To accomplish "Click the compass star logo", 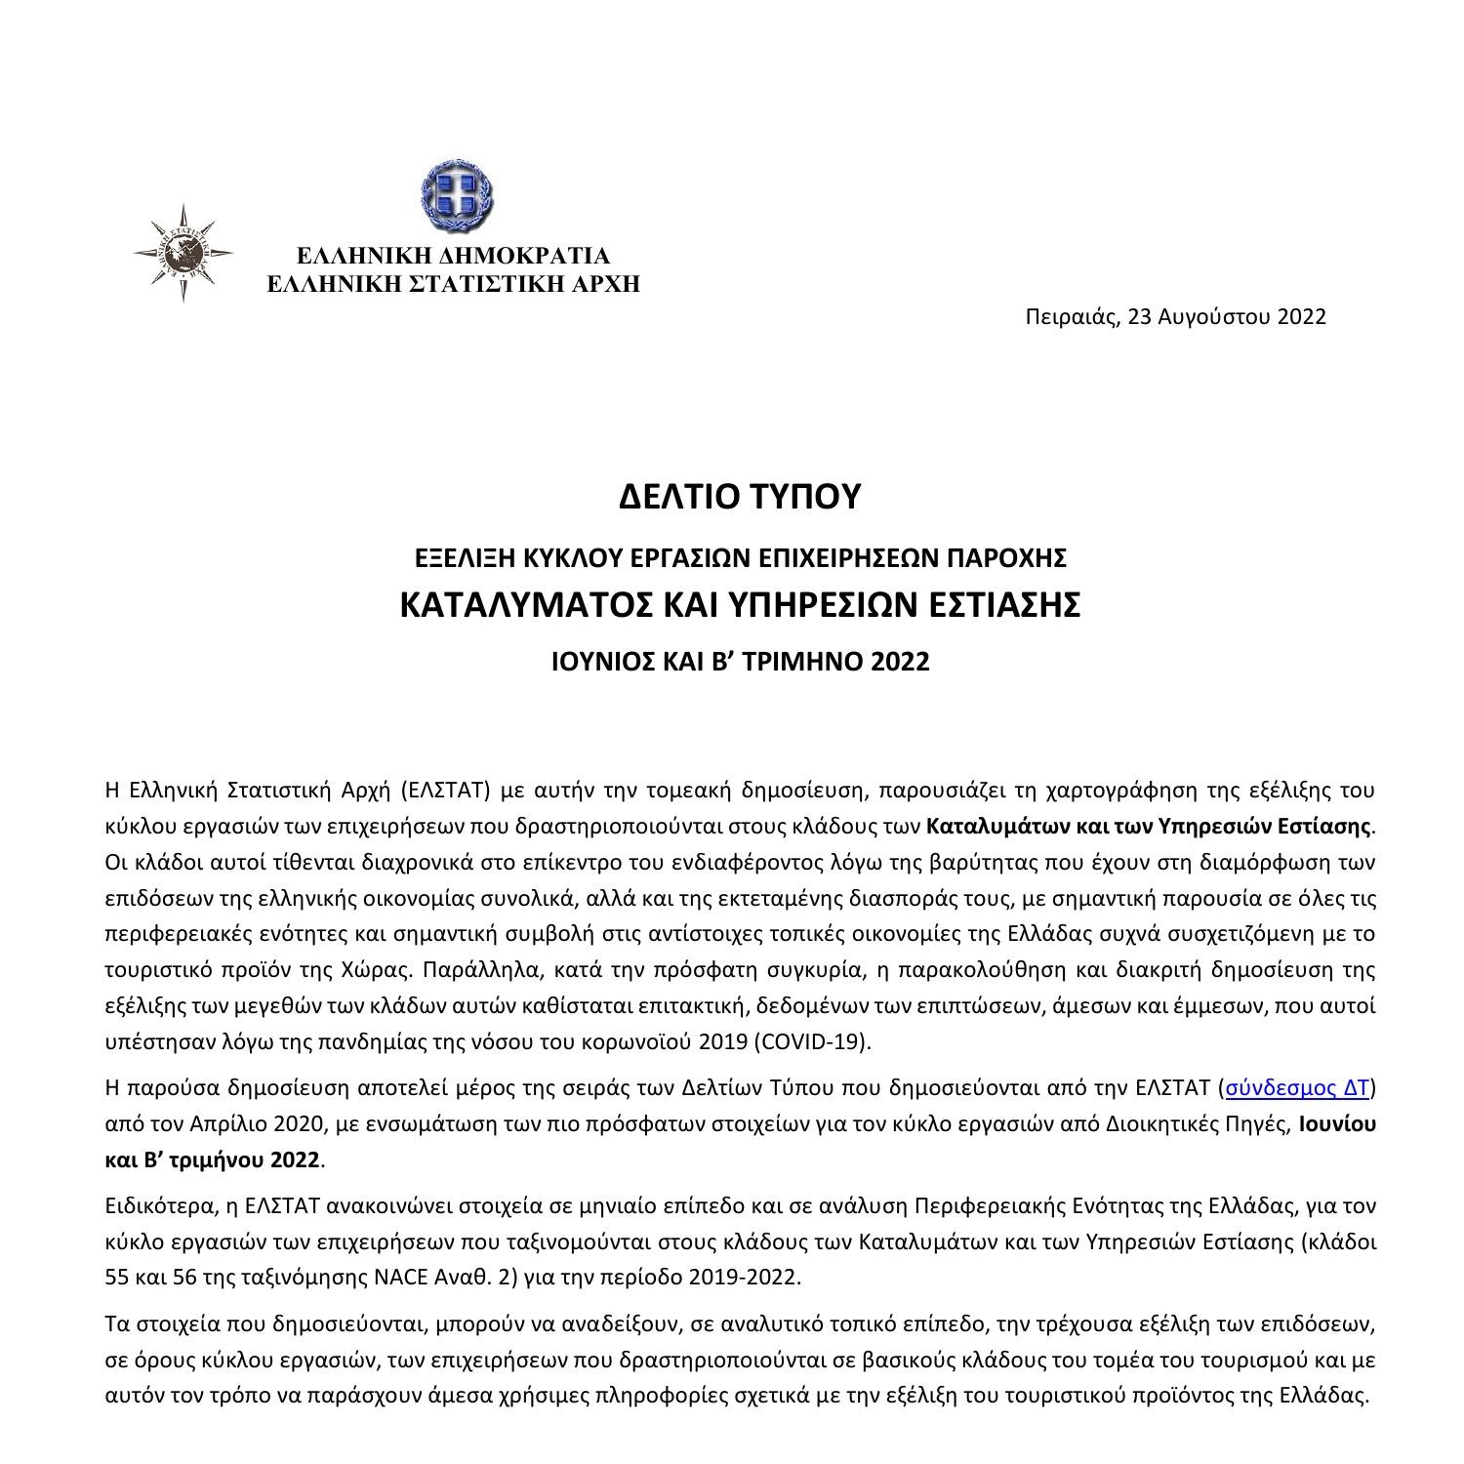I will (x=183, y=253).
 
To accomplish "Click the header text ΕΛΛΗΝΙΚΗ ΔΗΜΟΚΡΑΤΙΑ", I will (x=453, y=256).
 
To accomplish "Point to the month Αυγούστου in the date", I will (x=1213, y=316).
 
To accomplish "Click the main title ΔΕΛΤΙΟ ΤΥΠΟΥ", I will (x=741, y=496).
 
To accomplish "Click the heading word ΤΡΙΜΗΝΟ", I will (x=795, y=662).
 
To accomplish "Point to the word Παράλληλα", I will (x=475, y=969).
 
